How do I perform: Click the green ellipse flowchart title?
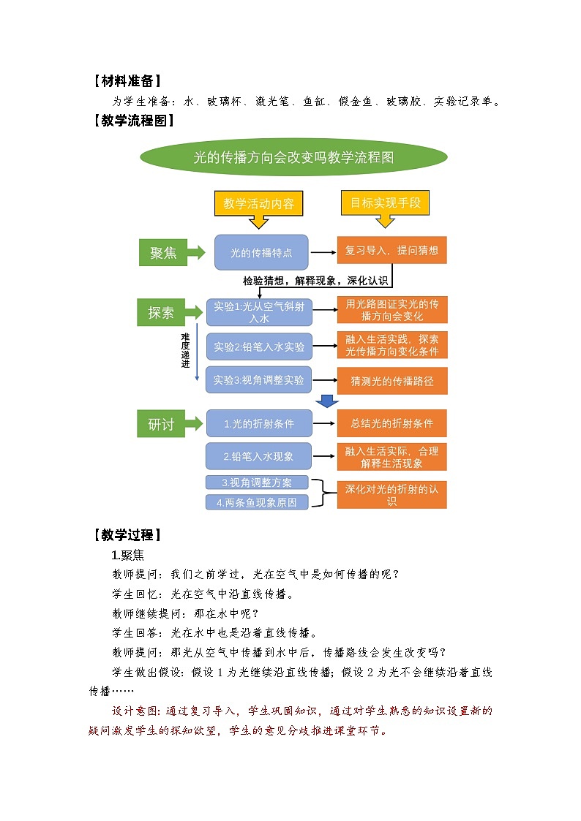pos(293,158)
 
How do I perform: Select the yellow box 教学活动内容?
pos(258,204)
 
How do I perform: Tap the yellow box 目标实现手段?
pos(385,203)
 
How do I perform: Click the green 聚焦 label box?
pos(163,253)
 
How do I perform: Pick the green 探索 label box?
pos(161,313)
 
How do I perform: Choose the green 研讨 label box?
pos(161,424)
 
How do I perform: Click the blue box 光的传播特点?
pos(261,253)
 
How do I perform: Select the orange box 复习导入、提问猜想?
pos(391,250)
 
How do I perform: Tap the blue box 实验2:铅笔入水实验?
pos(259,347)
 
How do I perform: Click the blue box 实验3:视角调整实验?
pos(259,380)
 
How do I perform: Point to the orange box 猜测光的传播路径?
pos(391,381)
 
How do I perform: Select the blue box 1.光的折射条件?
pos(259,423)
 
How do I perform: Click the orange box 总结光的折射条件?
pos(391,423)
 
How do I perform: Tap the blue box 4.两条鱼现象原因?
pos(257,502)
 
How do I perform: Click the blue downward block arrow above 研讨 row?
pos(326,401)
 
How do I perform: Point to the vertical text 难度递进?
pos(185,349)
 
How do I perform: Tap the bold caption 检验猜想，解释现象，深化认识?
pos(315,281)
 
